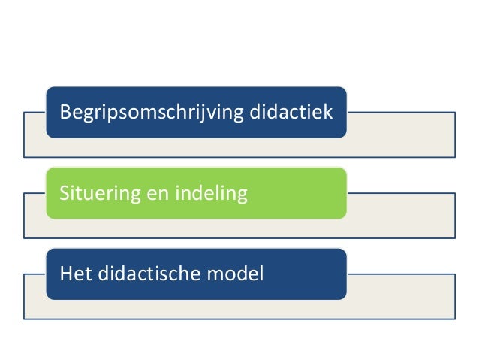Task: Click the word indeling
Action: tap(210, 194)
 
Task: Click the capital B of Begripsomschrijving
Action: tap(65, 113)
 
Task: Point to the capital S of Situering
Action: tap(65, 194)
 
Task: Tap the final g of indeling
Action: tap(242, 196)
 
